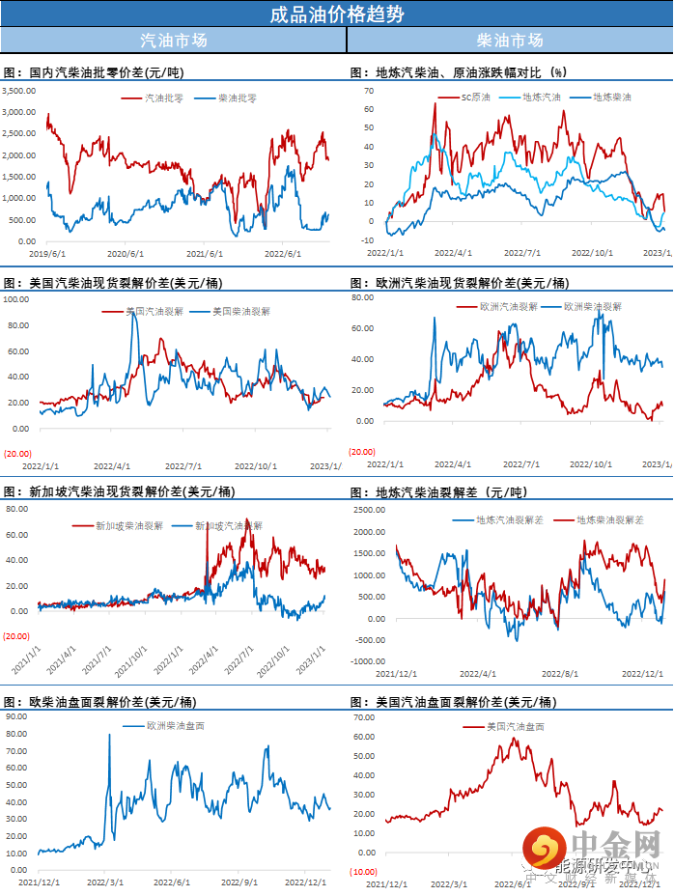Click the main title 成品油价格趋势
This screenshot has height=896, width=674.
coord(337,14)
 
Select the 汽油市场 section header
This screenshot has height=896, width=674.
coord(173,41)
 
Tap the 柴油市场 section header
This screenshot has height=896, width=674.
coord(510,41)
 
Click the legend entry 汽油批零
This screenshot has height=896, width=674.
coord(160,98)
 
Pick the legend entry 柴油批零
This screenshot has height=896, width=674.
coord(236,98)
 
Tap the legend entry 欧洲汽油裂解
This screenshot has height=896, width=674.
coord(507,306)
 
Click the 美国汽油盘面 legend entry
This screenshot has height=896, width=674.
coord(514,726)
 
